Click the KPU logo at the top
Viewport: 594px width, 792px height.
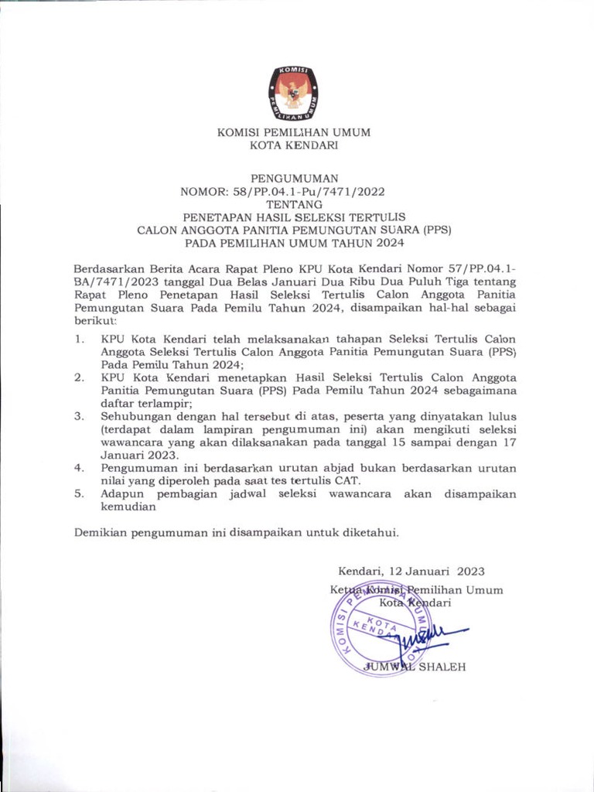294,94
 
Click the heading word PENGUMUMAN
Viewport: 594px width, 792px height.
294,177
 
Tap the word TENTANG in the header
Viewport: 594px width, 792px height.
294,204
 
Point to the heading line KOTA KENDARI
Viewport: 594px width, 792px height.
294,145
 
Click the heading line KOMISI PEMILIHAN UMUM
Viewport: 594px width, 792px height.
294,132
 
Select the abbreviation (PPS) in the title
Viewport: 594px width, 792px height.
436,230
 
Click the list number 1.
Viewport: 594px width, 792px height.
79,339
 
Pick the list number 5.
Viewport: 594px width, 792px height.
79,494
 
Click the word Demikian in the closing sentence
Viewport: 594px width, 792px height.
101,532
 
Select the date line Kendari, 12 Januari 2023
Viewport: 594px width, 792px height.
411,572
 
